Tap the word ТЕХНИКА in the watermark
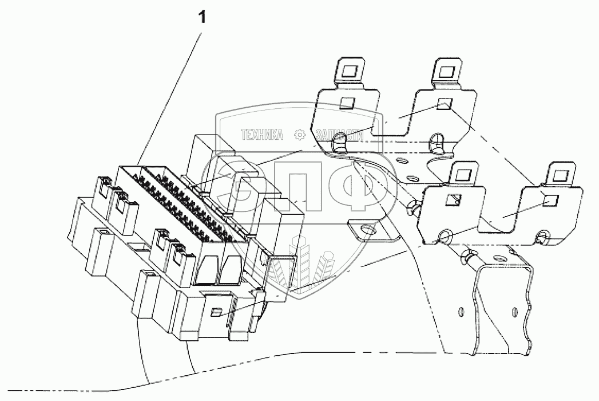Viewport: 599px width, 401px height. (x=263, y=135)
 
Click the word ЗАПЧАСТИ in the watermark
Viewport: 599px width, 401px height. (x=339, y=135)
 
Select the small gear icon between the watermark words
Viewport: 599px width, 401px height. (x=299, y=135)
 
